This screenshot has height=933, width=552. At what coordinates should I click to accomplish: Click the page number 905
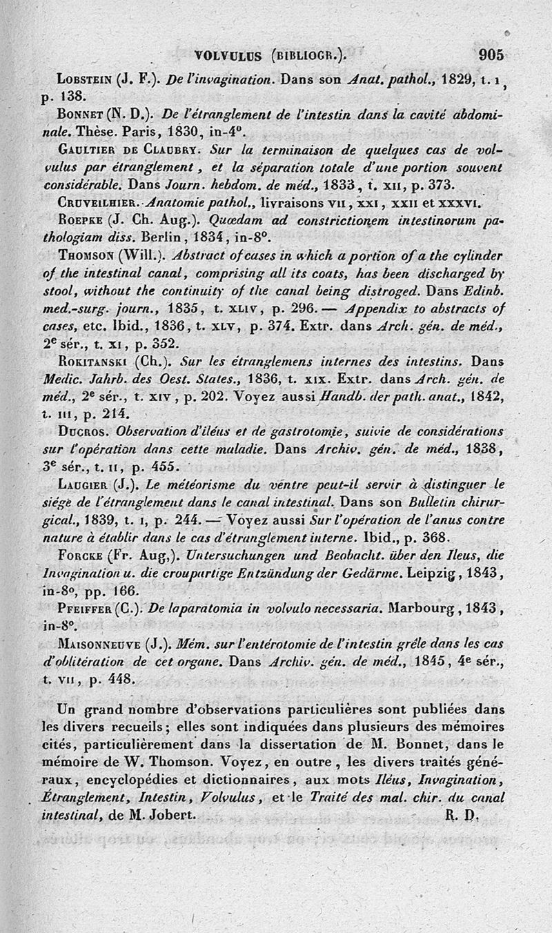(491, 55)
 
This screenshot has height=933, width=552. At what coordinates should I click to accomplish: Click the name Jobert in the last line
(172, 814)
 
